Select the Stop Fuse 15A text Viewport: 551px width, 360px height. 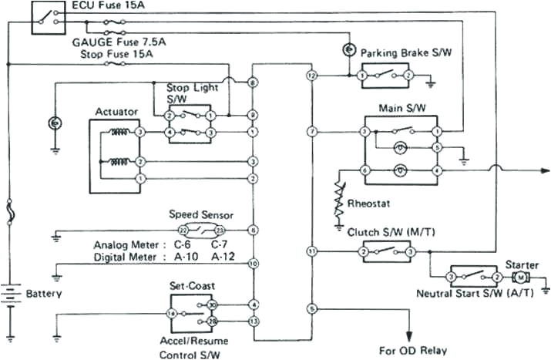point(109,54)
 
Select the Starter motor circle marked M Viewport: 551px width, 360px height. point(520,276)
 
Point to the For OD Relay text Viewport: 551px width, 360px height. point(412,350)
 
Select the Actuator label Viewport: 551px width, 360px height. point(116,112)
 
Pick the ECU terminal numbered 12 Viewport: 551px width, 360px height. point(311,76)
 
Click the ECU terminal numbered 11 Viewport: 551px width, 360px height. point(311,251)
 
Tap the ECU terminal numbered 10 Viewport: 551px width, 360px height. point(253,264)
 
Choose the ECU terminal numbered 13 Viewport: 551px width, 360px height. point(253,320)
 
